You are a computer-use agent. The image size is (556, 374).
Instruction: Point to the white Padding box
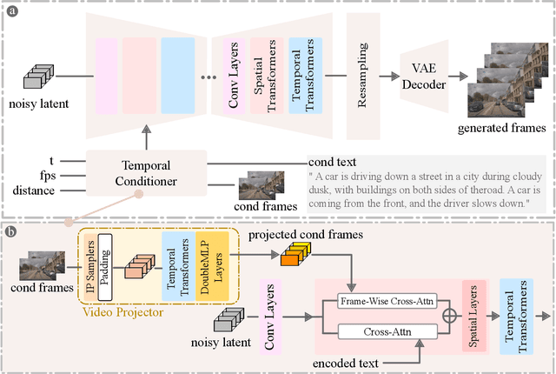(x=106, y=261)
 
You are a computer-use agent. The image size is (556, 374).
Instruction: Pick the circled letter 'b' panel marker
(x=10, y=232)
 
